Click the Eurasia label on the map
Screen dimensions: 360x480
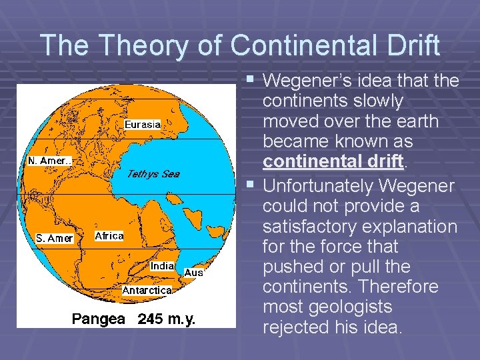tap(143, 124)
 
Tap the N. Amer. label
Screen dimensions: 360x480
tap(49, 161)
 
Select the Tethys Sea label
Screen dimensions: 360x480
tap(153, 174)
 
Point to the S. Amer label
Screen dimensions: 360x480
tap(55, 238)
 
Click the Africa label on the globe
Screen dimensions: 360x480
tap(109, 236)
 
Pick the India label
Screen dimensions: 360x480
tap(163, 265)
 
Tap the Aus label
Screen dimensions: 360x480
tap(193, 272)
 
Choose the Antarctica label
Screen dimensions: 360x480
tap(147, 290)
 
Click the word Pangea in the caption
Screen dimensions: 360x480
tap(98, 319)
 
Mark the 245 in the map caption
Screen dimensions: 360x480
tap(151, 319)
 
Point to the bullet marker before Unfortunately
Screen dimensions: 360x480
tap(249, 183)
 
